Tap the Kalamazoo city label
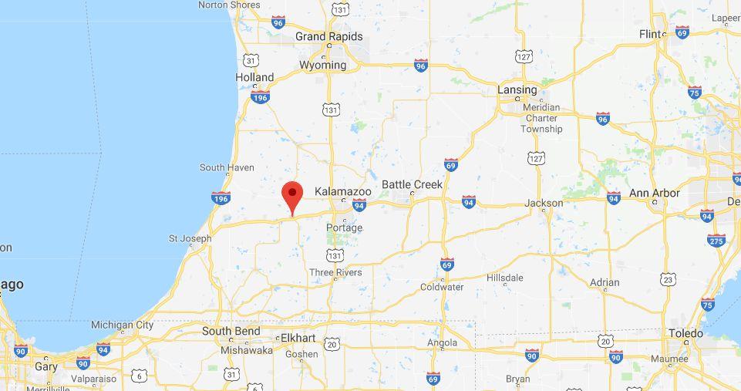343,191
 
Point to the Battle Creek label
413,184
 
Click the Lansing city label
517,89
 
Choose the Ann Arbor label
655,193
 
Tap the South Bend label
230,331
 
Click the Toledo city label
685,333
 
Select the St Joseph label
190,238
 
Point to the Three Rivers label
335,272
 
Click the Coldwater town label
442,287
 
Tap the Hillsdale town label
505,278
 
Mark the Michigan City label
122,325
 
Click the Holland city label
254,77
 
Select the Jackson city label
544,203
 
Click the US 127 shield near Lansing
524,56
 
